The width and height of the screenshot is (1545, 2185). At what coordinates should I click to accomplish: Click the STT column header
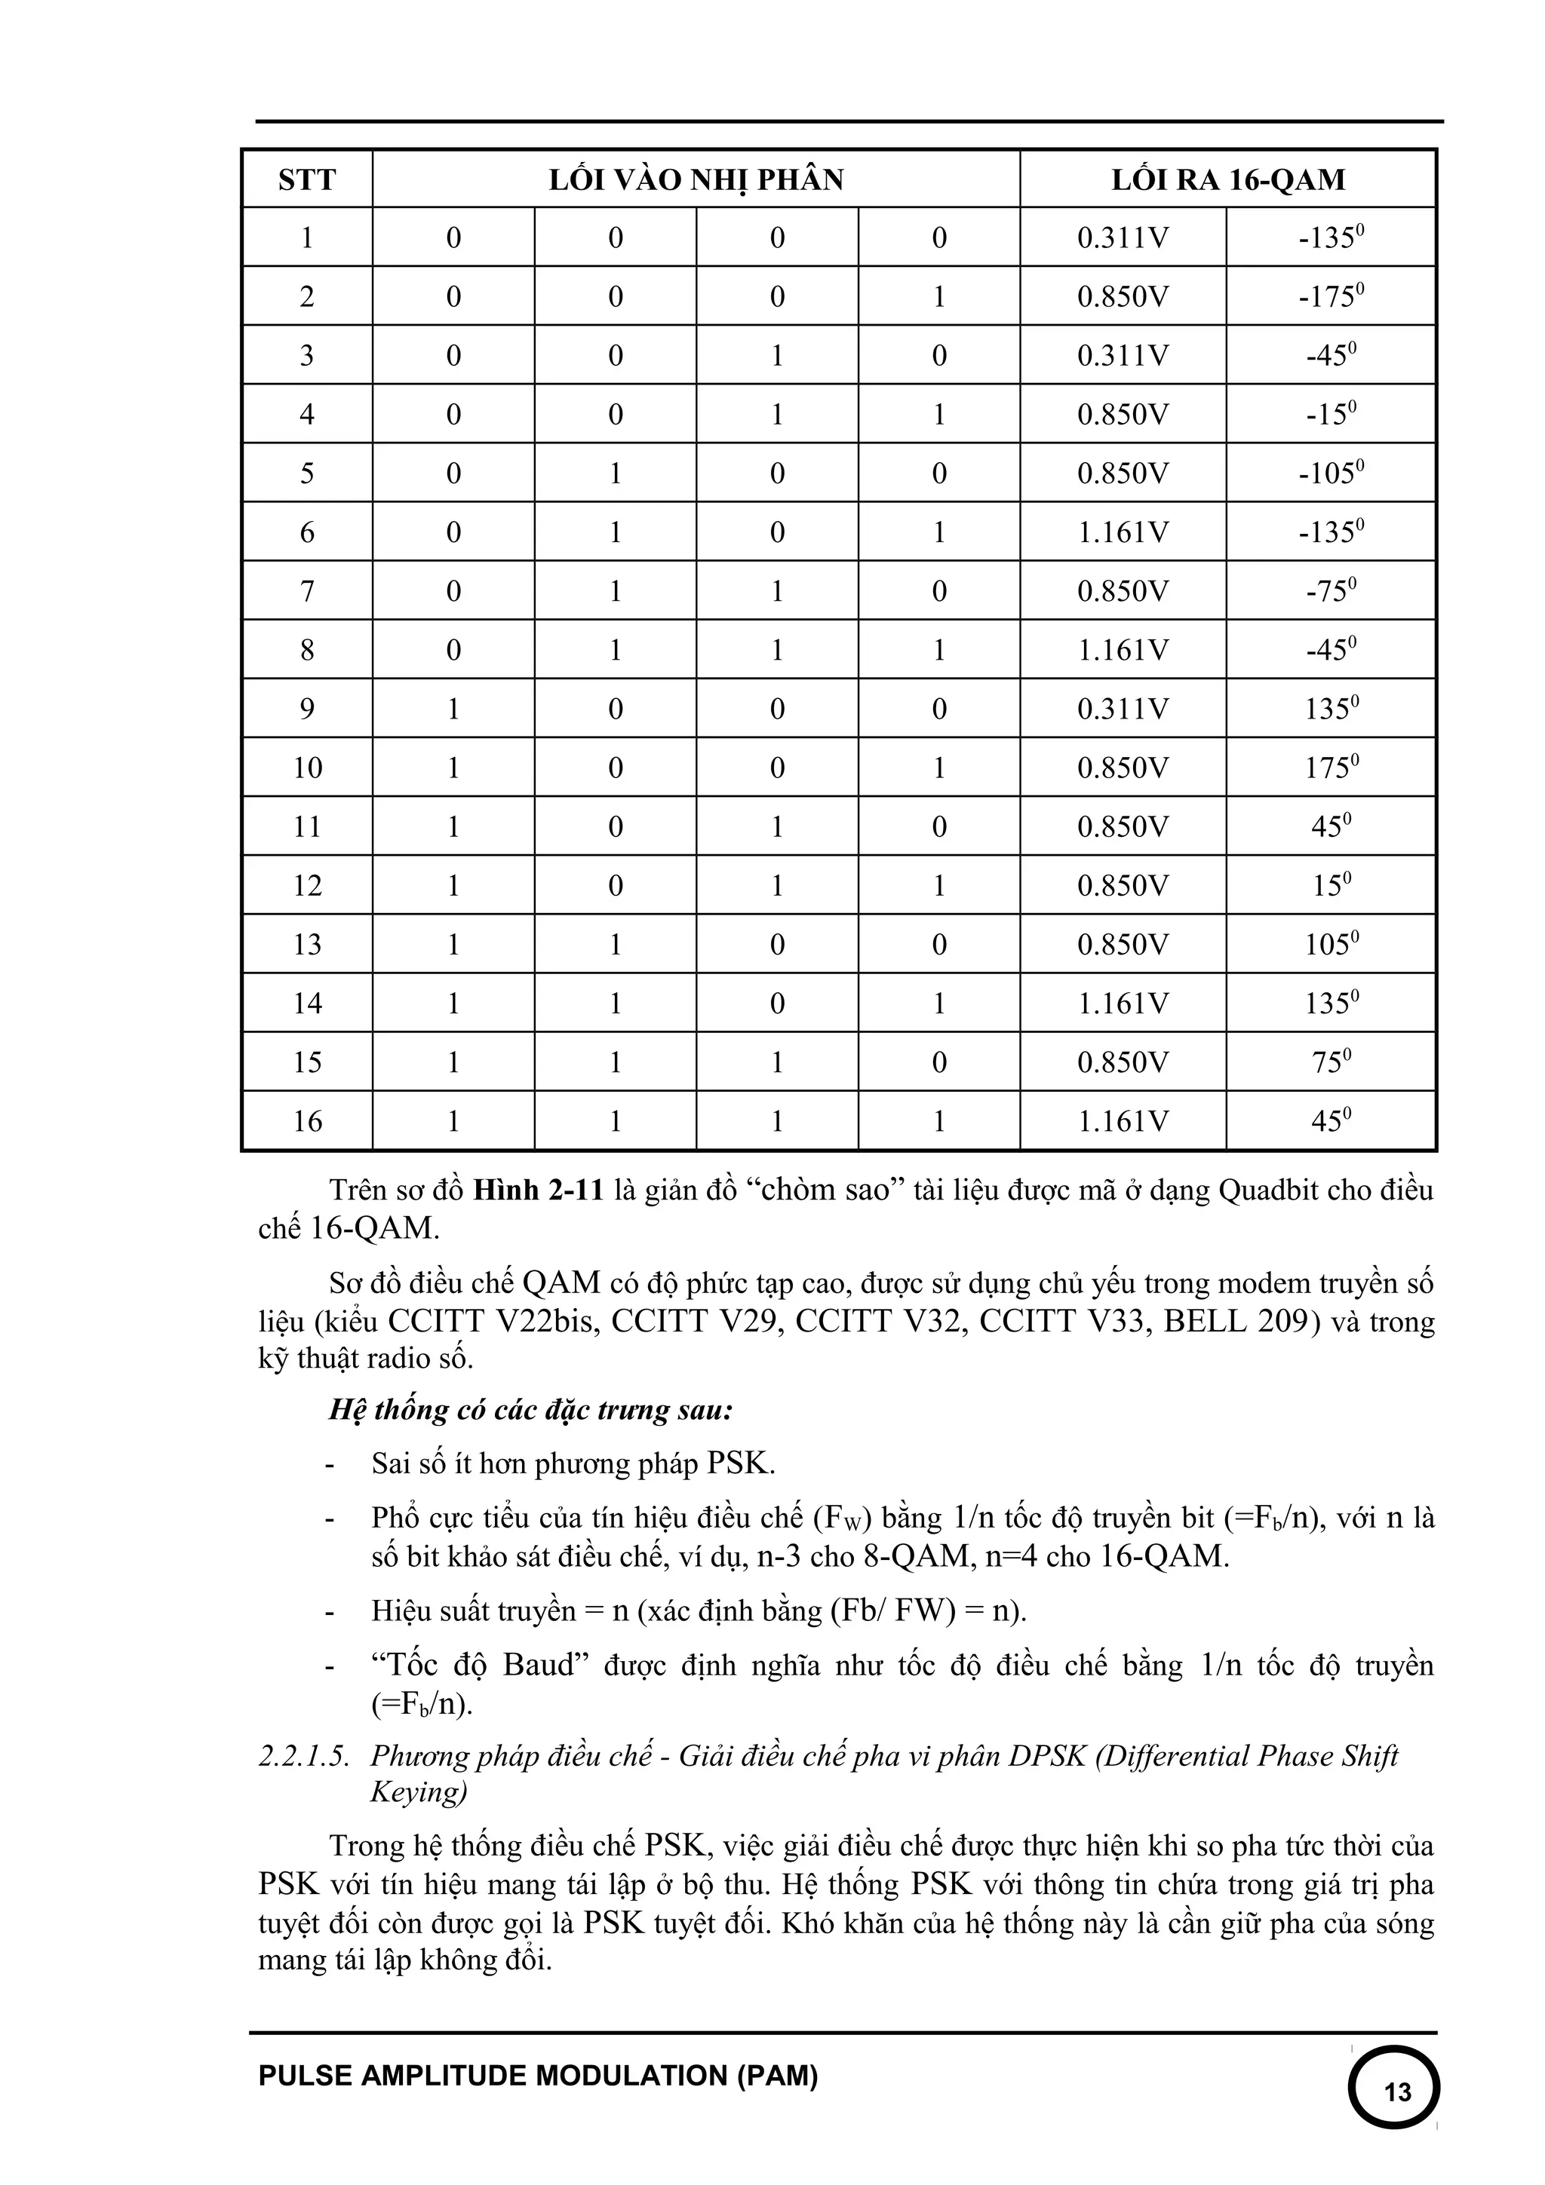306,180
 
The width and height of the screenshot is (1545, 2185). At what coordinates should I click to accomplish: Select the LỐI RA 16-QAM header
1228,180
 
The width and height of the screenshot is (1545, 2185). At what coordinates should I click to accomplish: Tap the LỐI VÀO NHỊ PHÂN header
696,180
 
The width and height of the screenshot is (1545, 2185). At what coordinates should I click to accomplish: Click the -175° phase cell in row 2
1331,297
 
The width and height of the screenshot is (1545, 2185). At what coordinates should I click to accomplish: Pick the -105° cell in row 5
1331,473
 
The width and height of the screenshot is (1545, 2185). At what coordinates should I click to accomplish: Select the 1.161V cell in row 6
1123,532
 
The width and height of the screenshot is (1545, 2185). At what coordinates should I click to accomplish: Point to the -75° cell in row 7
1331,591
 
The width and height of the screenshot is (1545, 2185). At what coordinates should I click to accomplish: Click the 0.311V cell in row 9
1123,709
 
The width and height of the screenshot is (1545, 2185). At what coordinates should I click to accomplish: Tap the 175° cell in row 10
1331,768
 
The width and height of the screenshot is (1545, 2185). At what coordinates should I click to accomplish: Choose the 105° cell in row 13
1331,945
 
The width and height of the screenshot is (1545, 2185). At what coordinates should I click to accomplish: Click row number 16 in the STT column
306,1121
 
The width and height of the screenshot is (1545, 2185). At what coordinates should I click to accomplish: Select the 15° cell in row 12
1331,886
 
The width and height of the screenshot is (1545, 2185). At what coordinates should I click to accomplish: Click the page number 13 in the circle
1396,2091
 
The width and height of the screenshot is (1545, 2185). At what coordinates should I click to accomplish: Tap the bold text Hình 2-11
538,1191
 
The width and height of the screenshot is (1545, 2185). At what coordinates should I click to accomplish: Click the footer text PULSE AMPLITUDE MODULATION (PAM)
538,2076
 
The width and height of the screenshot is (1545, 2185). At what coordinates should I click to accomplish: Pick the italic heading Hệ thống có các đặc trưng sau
530,1409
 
